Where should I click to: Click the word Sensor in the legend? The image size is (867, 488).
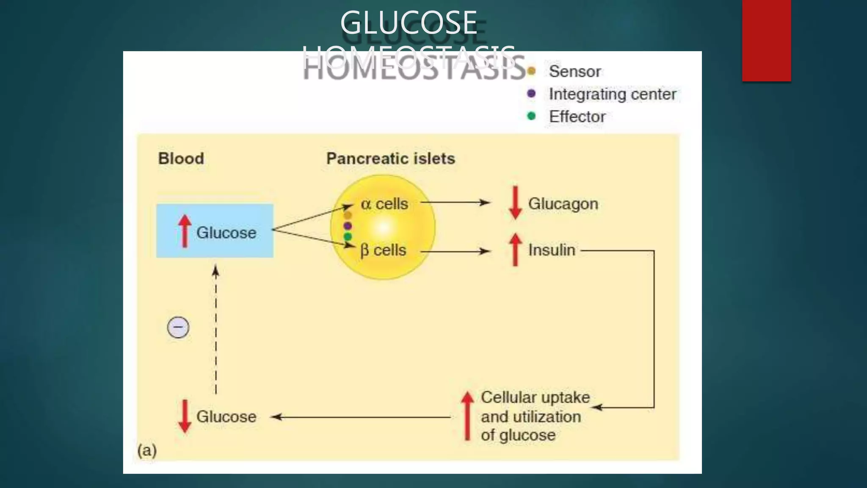[x=574, y=72]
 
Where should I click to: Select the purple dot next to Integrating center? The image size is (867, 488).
[x=531, y=94]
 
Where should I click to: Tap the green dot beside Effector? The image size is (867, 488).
[x=531, y=116]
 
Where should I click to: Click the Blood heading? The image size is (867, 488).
[x=181, y=158]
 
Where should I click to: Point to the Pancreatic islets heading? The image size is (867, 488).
[x=390, y=158]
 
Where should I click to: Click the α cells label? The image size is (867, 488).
[x=384, y=204]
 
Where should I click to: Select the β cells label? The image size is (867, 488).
[x=383, y=250]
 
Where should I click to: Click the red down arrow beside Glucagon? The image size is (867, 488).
[x=515, y=203]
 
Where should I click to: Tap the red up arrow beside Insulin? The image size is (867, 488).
[x=515, y=250]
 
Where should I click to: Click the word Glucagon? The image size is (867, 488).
[x=563, y=204]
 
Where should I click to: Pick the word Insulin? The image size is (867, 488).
[x=552, y=250]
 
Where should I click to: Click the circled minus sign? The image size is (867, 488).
[x=178, y=327]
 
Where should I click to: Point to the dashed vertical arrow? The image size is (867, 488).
[x=216, y=330]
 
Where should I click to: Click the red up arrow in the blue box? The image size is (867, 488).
[x=185, y=231]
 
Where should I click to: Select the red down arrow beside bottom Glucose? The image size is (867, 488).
[x=185, y=416]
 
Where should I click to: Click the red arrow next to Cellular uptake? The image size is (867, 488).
[x=467, y=416]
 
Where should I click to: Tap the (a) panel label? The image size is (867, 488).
[x=147, y=450]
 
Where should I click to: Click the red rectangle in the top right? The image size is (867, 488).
[x=766, y=41]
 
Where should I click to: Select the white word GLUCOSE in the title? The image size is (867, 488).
[x=409, y=23]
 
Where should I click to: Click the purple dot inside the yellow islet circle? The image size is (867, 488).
[x=348, y=226]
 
